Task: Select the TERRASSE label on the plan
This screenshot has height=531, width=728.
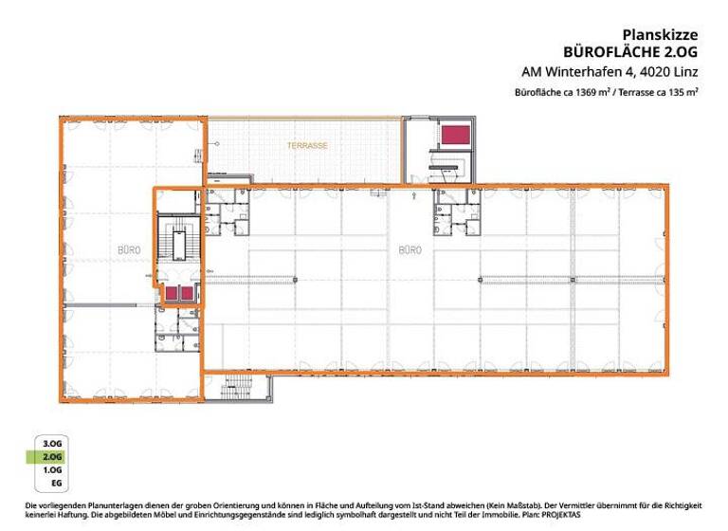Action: (308, 145)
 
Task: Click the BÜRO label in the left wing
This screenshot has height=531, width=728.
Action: (129, 249)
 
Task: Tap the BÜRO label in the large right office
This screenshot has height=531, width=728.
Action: (409, 249)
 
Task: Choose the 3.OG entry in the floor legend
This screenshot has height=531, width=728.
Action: (52, 443)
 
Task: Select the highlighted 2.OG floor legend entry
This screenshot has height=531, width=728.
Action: (52, 456)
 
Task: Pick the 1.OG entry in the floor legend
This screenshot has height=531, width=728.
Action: (52, 469)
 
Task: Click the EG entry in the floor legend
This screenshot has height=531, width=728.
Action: (56, 484)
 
